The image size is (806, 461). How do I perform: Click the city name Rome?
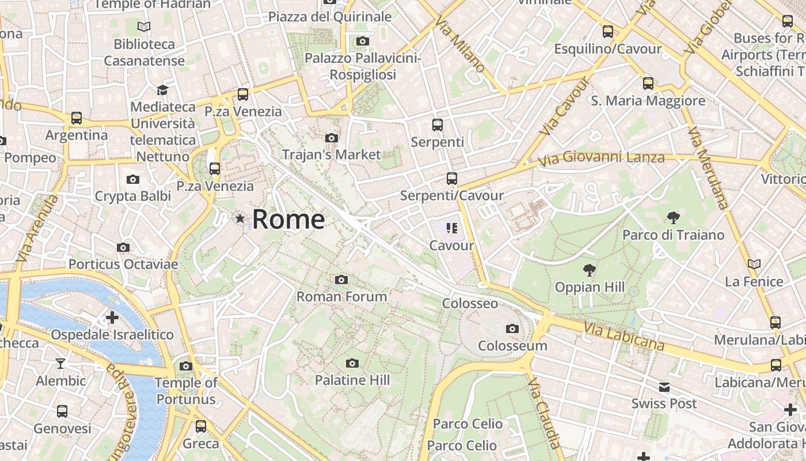point(288,220)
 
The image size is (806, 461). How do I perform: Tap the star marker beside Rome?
point(240,218)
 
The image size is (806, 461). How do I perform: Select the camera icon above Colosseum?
point(512,329)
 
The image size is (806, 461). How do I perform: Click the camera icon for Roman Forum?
point(341,280)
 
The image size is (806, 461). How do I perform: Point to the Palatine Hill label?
point(352,380)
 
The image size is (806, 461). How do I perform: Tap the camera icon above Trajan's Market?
point(332,138)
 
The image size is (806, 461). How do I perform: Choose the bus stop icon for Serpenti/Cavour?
point(452,179)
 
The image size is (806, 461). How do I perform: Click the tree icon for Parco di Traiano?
point(673,218)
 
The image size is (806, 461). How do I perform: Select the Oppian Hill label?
point(590,287)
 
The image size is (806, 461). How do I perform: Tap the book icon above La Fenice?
point(754,264)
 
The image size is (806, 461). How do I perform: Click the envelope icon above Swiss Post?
point(664,387)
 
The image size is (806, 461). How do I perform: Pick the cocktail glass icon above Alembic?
point(60,364)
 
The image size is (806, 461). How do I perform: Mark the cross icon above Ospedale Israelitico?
point(112,318)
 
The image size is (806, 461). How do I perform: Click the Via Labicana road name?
point(625,337)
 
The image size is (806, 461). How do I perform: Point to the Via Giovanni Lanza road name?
point(602,157)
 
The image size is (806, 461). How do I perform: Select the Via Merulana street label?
point(708,167)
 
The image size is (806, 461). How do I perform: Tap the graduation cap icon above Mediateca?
point(162,90)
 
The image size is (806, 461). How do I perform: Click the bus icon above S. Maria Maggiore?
point(648,84)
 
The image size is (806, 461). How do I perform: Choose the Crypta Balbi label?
point(133,197)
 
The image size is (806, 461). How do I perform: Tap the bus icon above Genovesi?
point(62,411)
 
